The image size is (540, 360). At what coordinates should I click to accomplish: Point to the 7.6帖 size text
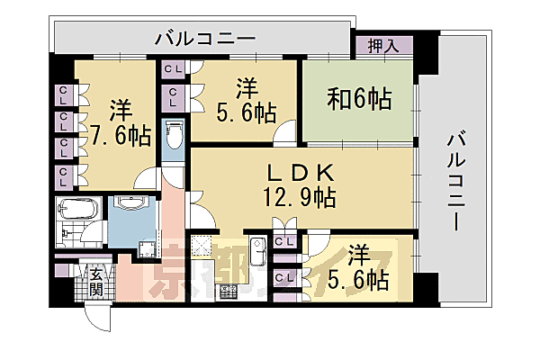coord(120,134)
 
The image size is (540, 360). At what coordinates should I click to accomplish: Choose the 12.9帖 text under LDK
coord(301,195)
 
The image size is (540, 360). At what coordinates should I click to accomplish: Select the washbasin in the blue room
coord(133,206)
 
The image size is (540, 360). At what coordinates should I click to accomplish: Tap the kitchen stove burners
coord(225,290)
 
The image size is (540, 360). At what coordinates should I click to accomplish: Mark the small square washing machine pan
coord(141,250)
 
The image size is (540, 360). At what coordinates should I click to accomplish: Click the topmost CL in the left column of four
coord(65,93)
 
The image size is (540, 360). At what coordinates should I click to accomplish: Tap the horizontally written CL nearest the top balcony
coord(173,67)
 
